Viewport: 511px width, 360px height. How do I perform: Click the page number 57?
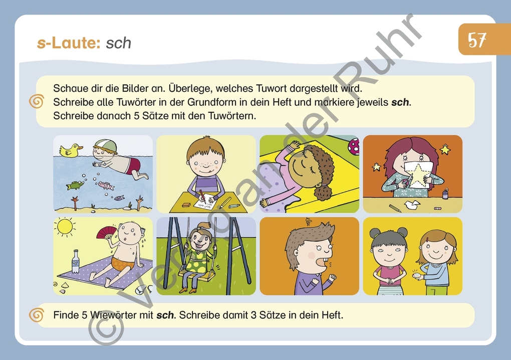pos(477,40)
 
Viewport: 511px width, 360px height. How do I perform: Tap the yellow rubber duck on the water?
pos(70,150)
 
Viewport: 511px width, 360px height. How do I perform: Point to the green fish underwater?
pos(75,186)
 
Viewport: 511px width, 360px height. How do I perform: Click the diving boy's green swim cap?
pos(106,145)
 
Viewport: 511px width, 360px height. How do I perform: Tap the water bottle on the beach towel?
pos(76,261)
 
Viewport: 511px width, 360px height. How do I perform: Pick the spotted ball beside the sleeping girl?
pos(354,146)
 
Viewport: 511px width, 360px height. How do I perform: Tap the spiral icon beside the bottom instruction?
pos(37,315)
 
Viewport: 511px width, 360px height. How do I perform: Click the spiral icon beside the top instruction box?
pos(37,102)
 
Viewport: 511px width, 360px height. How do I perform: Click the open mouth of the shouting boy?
pos(328,261)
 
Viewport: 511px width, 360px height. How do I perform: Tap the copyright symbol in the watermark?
pos(106,325)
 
